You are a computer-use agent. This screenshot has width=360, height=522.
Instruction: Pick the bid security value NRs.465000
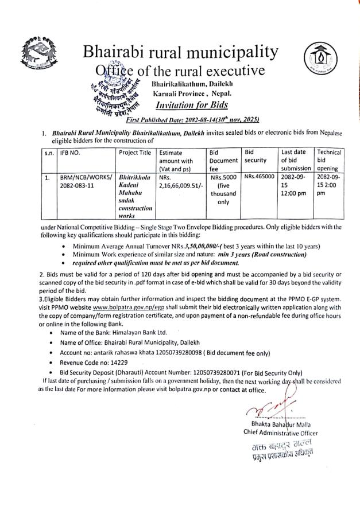pyautogui.click(x=259, y=178)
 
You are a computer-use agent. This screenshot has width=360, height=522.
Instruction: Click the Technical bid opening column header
pyautogui.click(x=329, y=160)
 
